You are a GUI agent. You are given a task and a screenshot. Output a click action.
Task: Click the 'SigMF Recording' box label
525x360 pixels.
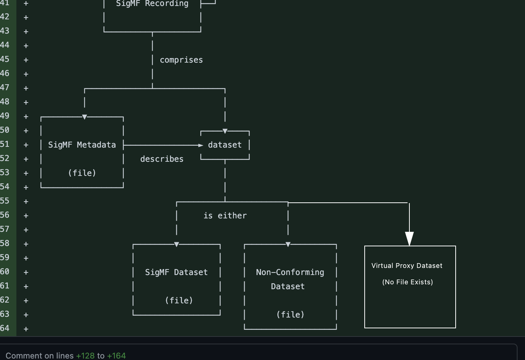point(152,4)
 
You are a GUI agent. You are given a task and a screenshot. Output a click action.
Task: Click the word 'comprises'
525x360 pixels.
point(181,60)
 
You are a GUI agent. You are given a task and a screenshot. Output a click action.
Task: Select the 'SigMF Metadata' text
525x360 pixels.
point(82,145)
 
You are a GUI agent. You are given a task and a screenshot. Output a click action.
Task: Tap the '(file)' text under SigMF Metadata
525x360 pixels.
point(82,173)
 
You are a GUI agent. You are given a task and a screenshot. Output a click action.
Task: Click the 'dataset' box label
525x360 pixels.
point(225,145)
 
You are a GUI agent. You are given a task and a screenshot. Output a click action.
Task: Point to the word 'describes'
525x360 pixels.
point(162,159)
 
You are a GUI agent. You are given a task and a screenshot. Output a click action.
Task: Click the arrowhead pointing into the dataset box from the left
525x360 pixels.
point(201,145)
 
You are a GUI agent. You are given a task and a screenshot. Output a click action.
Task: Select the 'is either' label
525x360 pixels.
point(225,216)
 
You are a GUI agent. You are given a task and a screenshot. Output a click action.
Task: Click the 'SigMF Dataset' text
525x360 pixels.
point(176,272)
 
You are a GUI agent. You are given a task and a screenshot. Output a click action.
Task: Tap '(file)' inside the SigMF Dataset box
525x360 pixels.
point(179,301)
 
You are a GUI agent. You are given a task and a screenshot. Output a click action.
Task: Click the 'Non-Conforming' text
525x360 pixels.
point(290,272)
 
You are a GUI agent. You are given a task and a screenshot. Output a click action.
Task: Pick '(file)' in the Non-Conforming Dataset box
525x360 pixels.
point(290,315)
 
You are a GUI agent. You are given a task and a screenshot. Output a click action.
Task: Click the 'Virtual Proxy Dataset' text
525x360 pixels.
point(407,266)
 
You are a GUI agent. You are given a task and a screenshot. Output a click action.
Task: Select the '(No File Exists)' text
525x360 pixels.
point(408,282)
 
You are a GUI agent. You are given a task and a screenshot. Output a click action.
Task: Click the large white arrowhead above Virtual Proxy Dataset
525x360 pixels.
point(409,239)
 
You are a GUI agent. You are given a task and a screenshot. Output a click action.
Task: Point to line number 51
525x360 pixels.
point(5,144)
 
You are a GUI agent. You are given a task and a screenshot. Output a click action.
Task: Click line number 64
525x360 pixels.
point(5,328)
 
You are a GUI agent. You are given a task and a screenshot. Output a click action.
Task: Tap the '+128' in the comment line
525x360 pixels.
point(85,356)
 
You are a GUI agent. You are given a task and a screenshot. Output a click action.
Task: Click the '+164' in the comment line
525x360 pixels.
point(116,356)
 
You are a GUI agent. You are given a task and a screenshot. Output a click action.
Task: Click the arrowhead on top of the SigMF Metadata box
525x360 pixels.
point(85,117)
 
